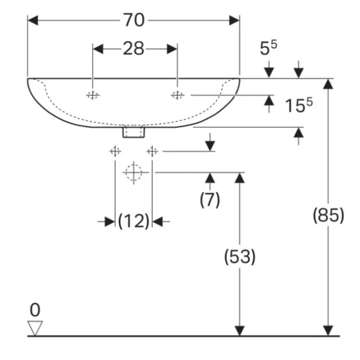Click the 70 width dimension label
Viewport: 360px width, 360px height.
click(134, 20)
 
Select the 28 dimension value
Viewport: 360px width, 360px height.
click(134, 49)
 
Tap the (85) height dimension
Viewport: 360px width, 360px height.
click(329, 215)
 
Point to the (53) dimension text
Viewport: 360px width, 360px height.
click(240, 256)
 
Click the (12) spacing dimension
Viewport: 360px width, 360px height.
click(134, 221)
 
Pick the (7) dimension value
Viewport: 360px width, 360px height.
click(210, 200)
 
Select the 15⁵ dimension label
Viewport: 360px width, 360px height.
click(298, 105)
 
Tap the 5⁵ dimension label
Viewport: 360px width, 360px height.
click(269, 48)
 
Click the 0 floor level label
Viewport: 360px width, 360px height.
click(35, 310)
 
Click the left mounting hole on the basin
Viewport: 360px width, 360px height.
click(93, 95)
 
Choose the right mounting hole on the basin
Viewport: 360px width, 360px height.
click(177, 95)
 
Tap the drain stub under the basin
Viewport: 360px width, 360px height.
click(134, 132)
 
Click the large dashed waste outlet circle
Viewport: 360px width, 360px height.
click(134, 172)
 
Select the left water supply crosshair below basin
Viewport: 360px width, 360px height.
click(115, 152)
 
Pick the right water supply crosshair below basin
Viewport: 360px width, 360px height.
click(152, 152)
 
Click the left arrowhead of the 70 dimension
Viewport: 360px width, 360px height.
click(33, 21)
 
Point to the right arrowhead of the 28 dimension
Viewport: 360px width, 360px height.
click(172, 49)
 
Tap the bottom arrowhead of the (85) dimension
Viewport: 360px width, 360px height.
click(328, 331)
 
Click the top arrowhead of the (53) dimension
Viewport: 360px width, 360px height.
click(239, 178)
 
